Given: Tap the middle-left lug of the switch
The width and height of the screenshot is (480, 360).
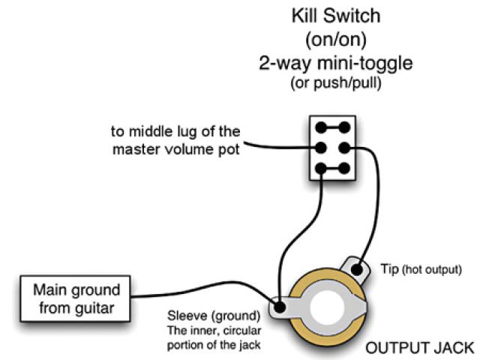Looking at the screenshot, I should click(322, 148).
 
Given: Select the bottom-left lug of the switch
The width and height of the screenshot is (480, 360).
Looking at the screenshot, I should click(322, 168).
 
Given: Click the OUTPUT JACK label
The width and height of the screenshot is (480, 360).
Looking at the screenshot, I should click(419, 347).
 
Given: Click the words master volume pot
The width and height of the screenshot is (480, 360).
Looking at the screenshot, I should click(177, 149).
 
